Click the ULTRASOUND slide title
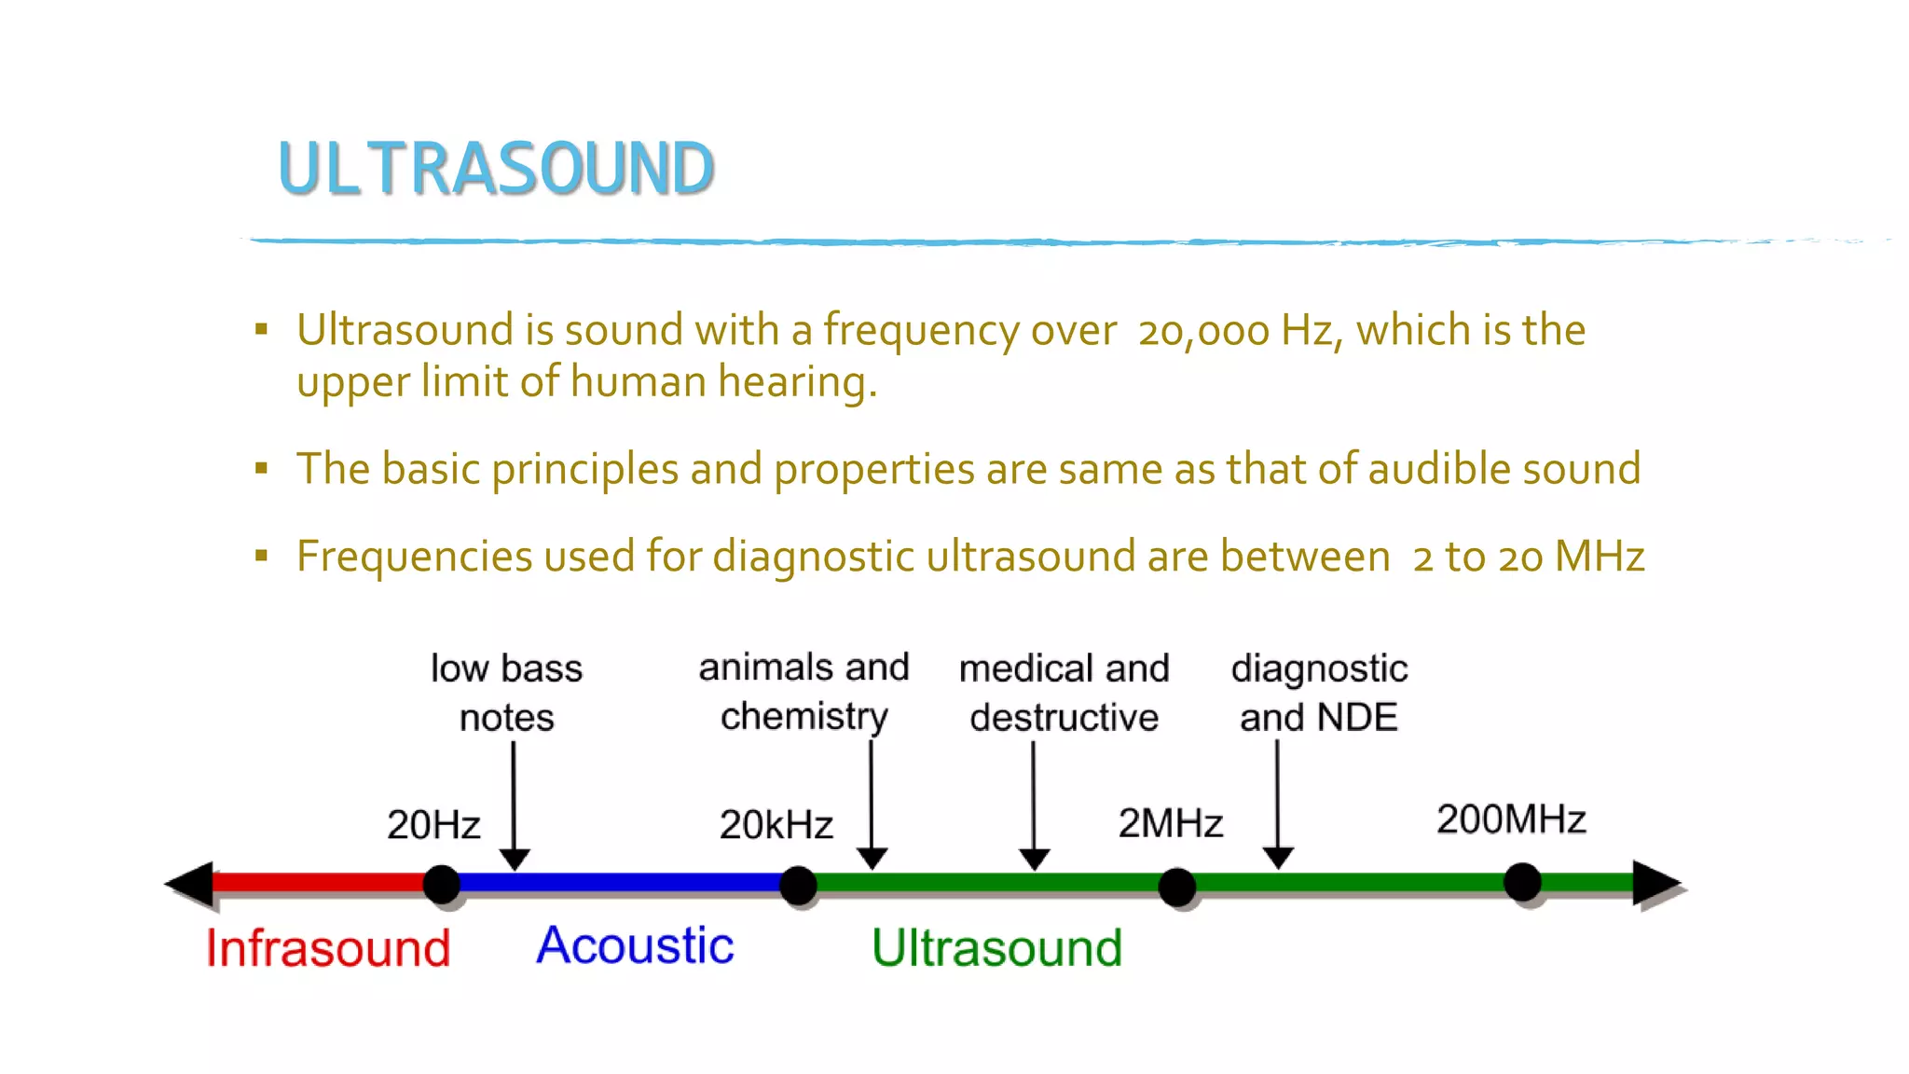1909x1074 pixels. (496, 169)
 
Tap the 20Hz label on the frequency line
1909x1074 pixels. (433, 825)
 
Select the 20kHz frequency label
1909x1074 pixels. (776, 825)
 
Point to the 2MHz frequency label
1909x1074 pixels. (1170, 823)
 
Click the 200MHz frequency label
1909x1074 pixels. (1511, 819)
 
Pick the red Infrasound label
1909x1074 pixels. (328, 948)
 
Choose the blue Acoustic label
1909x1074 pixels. (635, 945)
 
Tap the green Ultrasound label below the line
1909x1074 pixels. (996, 948)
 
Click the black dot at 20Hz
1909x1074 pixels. (442, 884)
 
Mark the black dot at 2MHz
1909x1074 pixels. (1176, 887)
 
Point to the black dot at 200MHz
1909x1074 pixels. (1522, 881)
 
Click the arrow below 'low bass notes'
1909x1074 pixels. (514, 806)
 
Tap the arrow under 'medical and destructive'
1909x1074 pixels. (1034, 806)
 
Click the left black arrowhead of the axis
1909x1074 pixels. (192, 883)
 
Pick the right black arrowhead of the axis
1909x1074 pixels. (1655, 883)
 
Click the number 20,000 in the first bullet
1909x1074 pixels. (1203, 331)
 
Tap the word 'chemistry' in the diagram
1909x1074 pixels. (804, 716)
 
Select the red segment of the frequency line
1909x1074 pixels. (317, 882)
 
